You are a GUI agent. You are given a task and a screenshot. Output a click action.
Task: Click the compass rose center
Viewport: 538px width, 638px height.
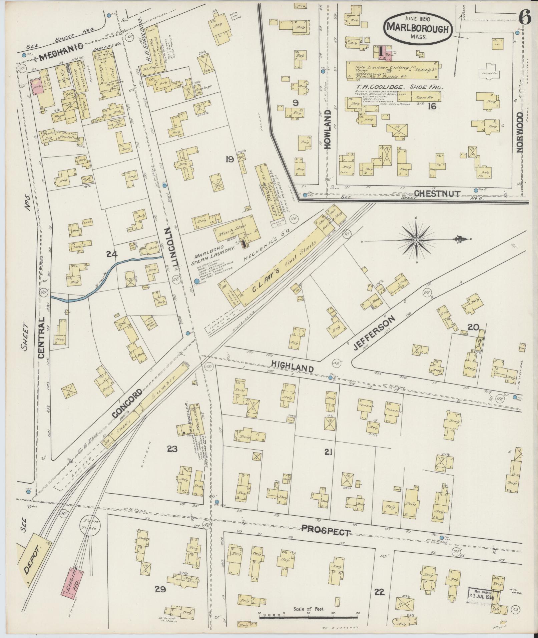tap(417, 240)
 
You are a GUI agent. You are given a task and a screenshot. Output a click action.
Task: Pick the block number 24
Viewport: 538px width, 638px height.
tap(112, 255)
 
